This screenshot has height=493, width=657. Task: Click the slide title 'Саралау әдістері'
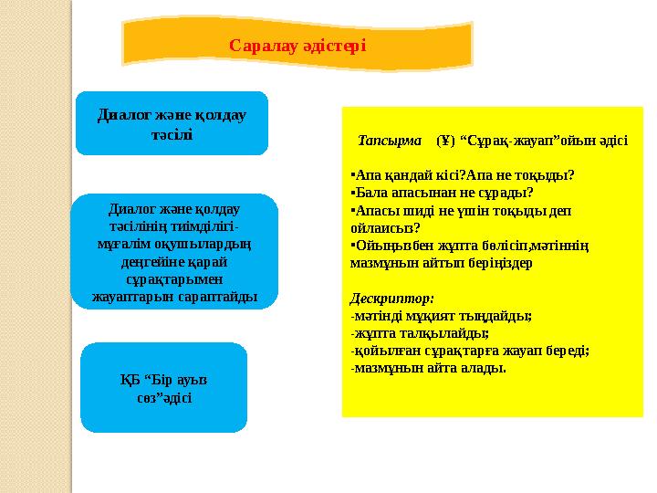point(297,44)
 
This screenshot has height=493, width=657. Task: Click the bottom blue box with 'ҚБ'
point(164,388)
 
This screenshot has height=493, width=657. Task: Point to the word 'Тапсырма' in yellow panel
point(390,142)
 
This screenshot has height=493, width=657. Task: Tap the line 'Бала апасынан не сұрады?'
point(443,193)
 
